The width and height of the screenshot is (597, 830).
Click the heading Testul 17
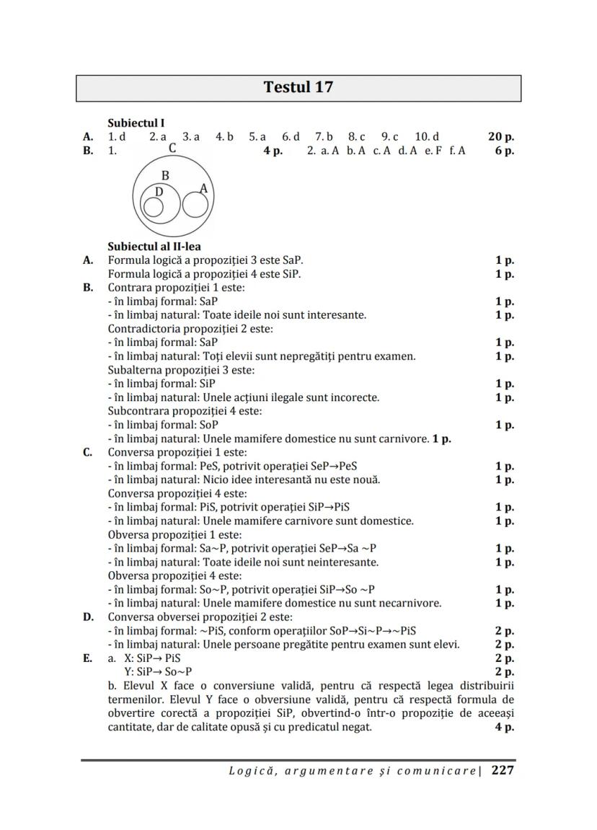tap(298, 88)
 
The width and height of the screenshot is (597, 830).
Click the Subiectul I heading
tap(136, 123)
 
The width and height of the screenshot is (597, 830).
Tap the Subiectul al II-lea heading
tap(154, 247)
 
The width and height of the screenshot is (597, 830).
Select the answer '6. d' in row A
tap(291, 136)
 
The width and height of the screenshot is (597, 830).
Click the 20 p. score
tap(500, 136)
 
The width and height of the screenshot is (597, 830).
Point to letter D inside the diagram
tap(159, 193)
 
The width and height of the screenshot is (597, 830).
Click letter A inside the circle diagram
tap(203, 189)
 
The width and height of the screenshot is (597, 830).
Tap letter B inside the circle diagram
tap(165, 175)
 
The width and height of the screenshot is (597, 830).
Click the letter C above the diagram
tap(172, 149)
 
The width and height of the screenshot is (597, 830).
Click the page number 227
tap(503, 770)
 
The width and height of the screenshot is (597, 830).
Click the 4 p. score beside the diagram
tap(273, 151)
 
